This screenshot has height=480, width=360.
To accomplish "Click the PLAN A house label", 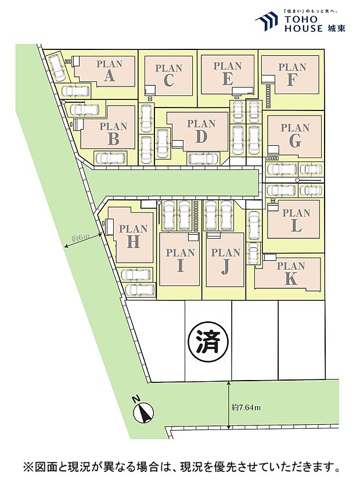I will pyautogui.click(x=109, y=70).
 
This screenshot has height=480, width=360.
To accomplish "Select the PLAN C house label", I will pyautogui.click(x=168, y=75).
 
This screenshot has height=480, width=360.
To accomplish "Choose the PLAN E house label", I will pyautogui.click(x=227, y=73).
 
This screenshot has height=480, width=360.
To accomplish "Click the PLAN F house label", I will pyautogui.click(x=291, y=74).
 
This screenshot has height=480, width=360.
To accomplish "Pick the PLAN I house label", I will pyautogui.click(x=180, y=260).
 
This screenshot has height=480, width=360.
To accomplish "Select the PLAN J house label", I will pyautogui.click(x=226, y=260).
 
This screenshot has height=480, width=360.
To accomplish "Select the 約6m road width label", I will pyautogui.click(x=79, y=238).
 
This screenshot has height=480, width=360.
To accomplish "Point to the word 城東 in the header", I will pyautogui.click(x=336, y=28).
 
